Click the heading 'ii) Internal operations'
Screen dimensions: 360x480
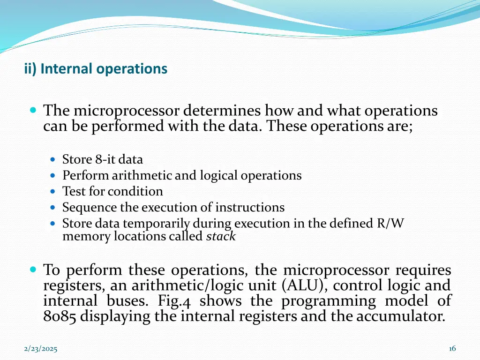96,69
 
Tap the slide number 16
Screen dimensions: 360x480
452,348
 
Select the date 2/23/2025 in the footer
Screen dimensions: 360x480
41,349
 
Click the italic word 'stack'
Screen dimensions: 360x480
221,237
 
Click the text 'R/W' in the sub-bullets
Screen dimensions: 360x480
390,224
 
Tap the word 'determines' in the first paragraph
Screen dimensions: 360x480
222,111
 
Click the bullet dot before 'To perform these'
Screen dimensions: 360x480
33,270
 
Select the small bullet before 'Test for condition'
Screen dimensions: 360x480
53,192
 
